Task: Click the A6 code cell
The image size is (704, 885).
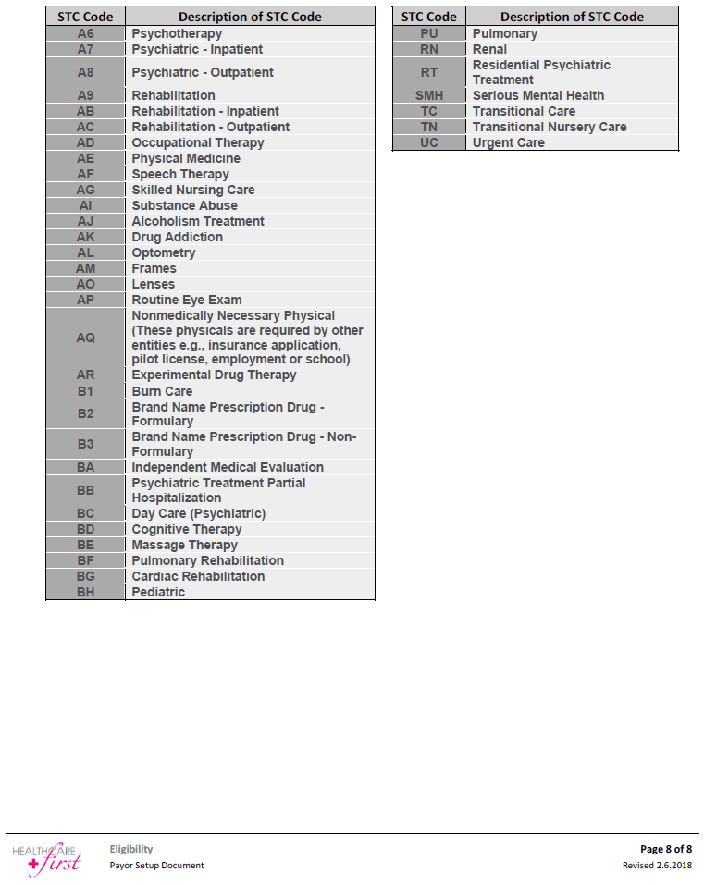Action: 85,33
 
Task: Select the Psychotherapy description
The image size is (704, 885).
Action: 177,33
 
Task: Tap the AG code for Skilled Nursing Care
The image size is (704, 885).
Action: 85,190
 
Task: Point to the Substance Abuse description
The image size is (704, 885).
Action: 184,205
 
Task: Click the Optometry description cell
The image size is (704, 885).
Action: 164,252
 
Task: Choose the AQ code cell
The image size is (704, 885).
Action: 85,338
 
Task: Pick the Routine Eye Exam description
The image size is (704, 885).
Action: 187,300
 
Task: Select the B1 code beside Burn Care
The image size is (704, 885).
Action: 85,391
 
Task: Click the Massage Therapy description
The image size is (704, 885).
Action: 184,545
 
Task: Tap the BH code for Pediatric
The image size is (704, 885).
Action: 85,592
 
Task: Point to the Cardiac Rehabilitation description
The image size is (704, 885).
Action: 198,576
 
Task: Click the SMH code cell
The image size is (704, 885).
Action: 429,95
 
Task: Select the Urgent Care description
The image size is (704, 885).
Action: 508,142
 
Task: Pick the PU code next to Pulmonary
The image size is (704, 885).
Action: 429,33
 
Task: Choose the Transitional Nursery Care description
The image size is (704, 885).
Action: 549,127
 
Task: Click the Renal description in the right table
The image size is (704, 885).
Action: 489,49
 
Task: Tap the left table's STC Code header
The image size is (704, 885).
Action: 85,17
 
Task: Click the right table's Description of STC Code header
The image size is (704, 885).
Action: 572,17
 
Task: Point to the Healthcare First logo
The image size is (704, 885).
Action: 47,857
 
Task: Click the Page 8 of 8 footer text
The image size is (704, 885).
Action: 665,849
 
